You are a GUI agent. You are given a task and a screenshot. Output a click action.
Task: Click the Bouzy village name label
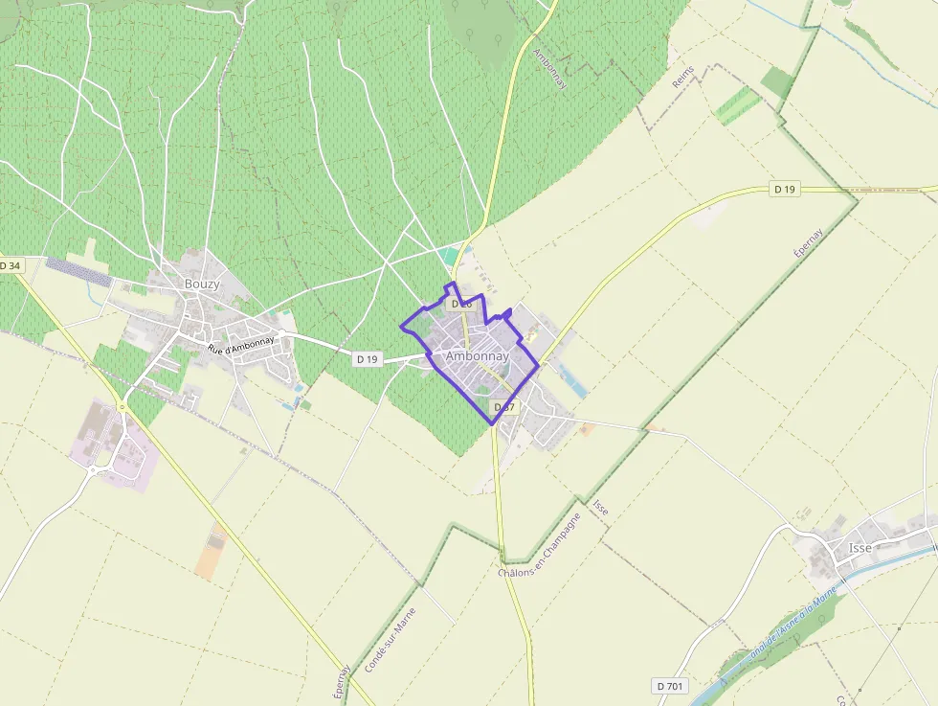(202, 285)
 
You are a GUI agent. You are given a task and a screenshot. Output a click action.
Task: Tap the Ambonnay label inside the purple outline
(477, 356)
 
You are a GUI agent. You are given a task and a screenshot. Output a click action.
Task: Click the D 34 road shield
(10, 265)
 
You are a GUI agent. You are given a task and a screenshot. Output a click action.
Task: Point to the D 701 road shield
(670, 686)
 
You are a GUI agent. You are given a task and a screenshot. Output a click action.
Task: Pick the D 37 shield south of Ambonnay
(503, 407)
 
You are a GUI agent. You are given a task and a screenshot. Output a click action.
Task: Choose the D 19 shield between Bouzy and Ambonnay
(367, 359)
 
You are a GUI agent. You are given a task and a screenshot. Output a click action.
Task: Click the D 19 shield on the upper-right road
(784, 190)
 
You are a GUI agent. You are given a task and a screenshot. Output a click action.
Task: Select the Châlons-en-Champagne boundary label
(540, 544)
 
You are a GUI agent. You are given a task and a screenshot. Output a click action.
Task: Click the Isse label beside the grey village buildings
(860, 548)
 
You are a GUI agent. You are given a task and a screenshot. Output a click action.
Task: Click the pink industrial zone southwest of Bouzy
(113, 445)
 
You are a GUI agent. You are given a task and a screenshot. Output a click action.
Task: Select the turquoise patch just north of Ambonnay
(450, 257)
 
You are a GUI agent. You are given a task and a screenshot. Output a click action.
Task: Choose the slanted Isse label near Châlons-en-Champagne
(601, 507)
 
